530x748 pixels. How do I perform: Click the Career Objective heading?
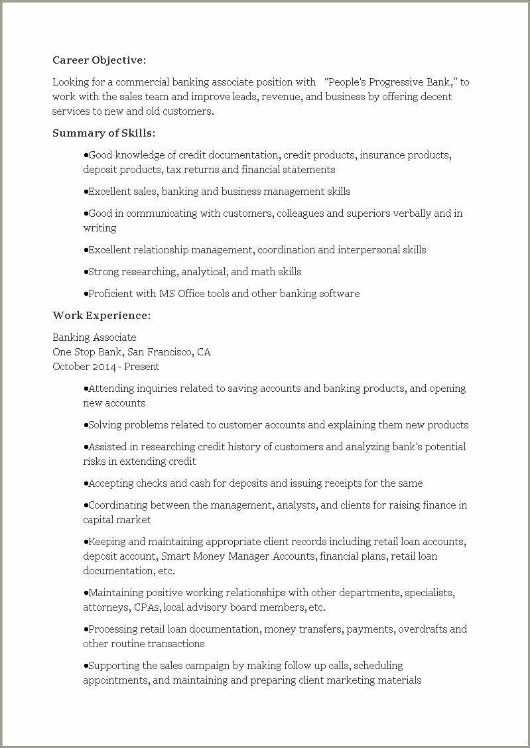click(x=99, y=60)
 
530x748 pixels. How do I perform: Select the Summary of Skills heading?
click(x=103, y=133)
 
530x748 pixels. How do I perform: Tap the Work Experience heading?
click(x=101, y=316)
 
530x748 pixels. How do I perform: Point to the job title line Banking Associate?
click(x=94, y=338)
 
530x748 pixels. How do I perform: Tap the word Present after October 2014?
click(x=141, y=367)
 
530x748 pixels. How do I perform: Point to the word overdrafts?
click(x=423, y=629)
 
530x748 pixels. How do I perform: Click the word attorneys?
click(x=105, y=607)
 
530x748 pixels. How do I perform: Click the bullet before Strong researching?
click(x=86, y=272)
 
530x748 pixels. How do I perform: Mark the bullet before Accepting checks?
click(x=86, y=483)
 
